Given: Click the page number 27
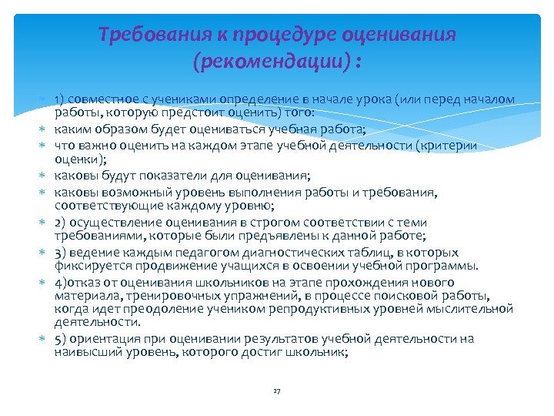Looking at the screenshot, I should coord(277,391).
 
